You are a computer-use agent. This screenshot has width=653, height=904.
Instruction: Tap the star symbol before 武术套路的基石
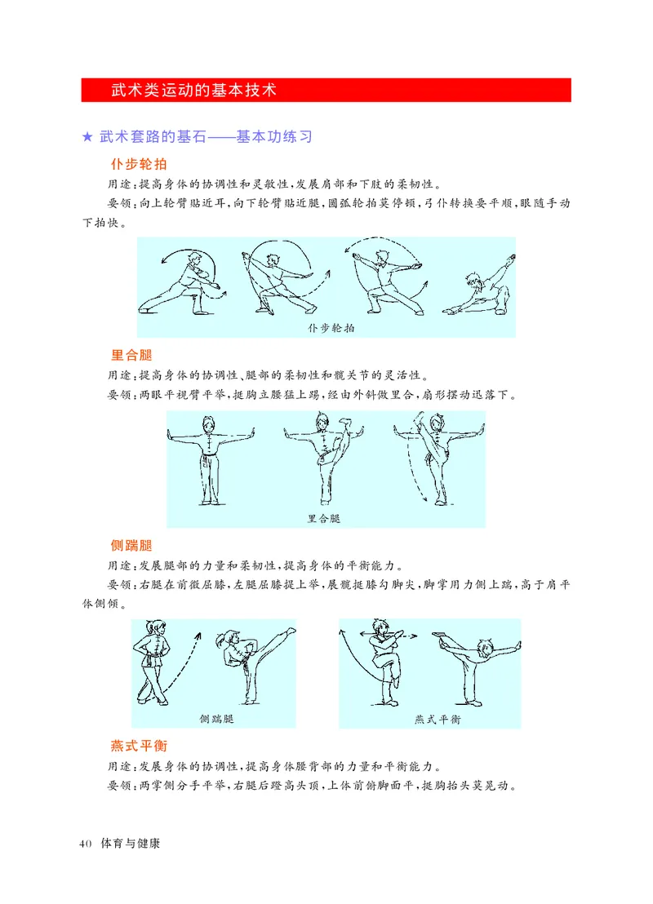[x=87, y=137]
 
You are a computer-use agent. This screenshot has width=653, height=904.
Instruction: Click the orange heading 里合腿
[x=131, y=355]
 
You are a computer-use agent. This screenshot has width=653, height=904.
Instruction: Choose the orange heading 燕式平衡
[x=138, y=746]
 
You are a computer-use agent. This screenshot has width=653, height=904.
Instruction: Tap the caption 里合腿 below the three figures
[x=324, y=518]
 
